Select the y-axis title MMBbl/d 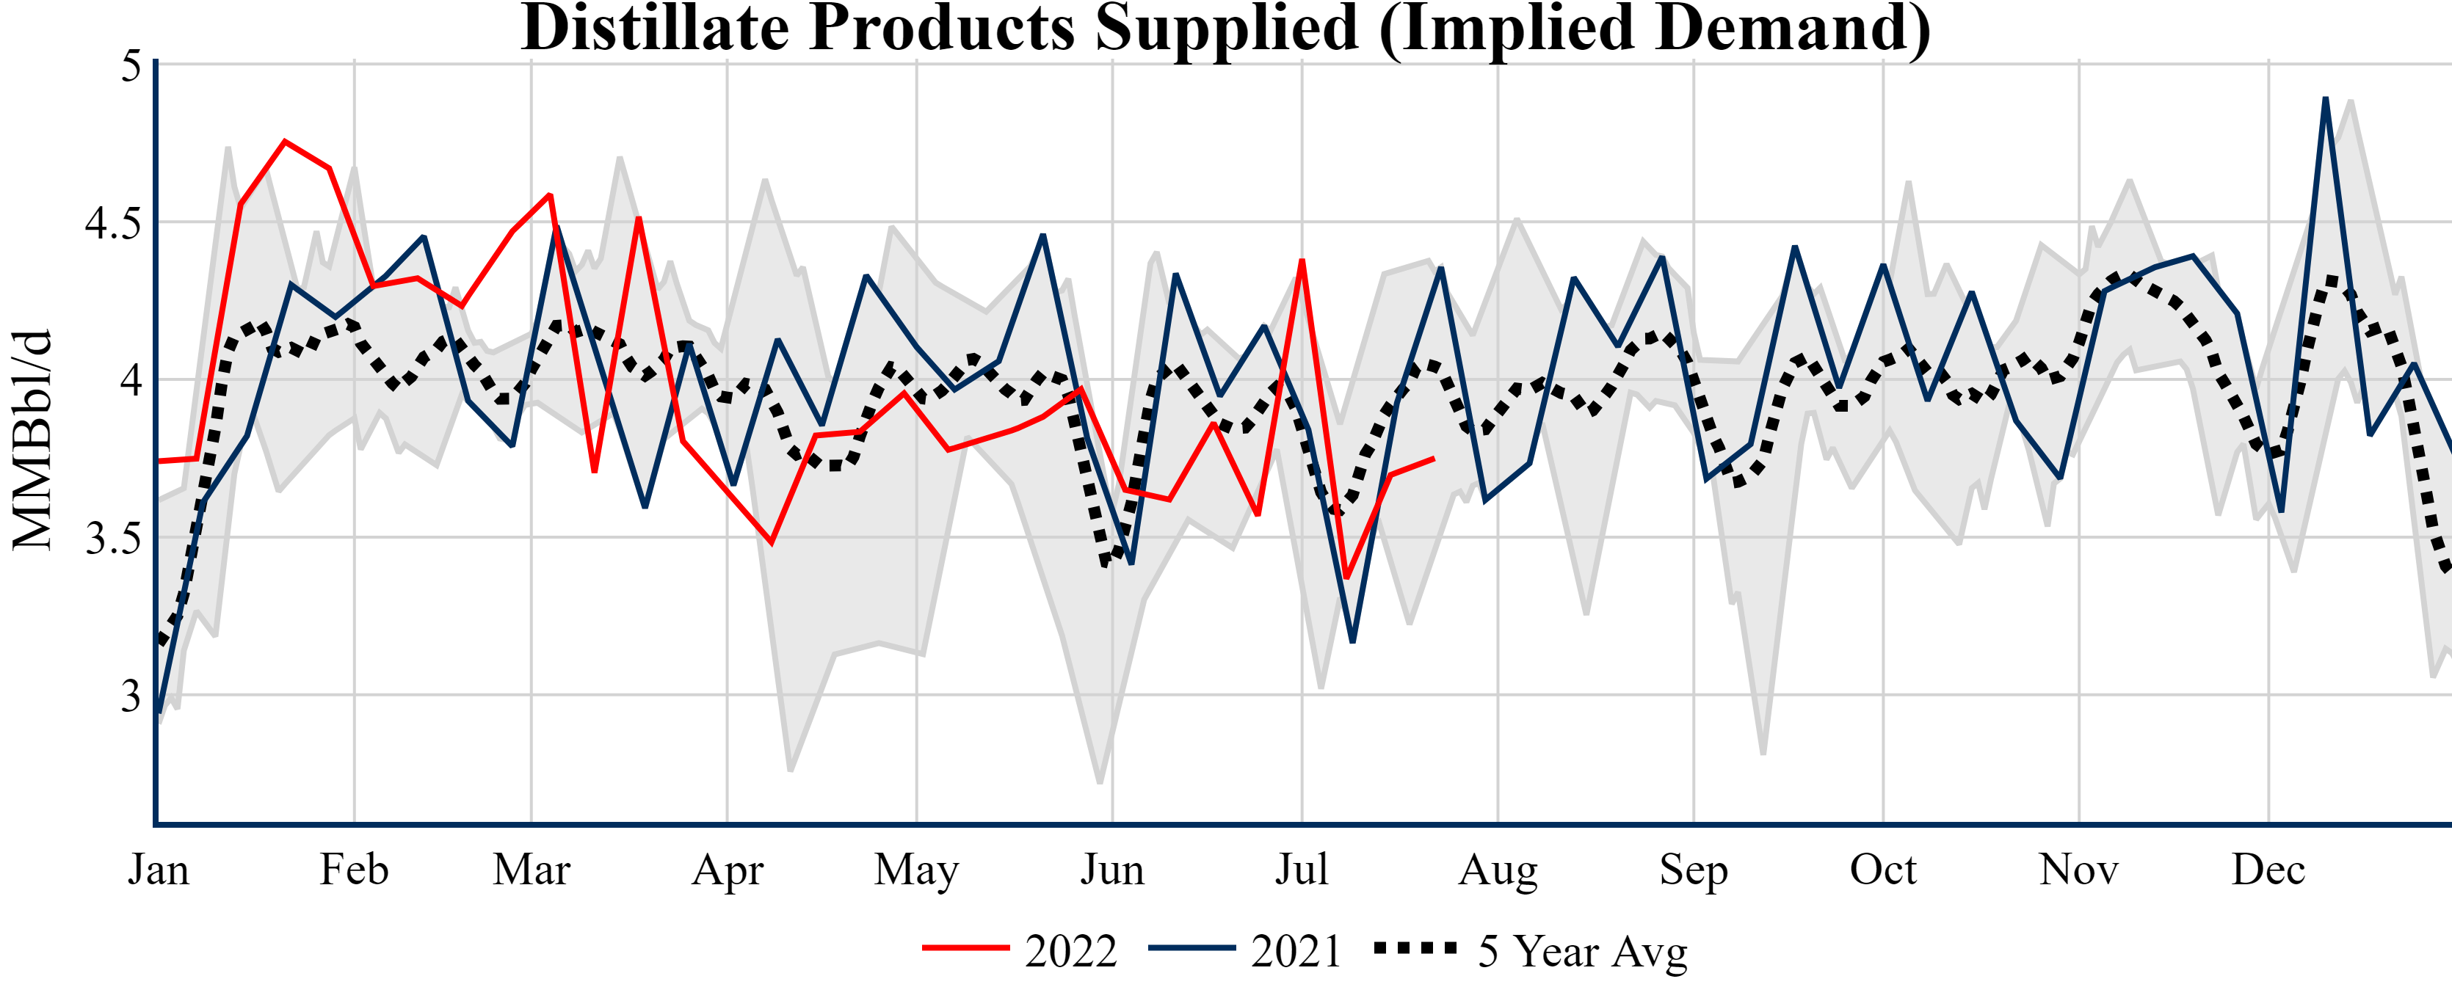pos(32,440)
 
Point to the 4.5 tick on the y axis pos(112,224)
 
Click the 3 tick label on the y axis pos(131,696)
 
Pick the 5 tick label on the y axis pos(131,67)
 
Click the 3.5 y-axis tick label pos(112,539)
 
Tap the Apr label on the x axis pos(728,870)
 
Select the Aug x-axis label pos(1498,870)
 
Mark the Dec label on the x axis pos(2268,870)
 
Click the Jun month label pos(1111,870)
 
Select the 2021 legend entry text pos(1296,950)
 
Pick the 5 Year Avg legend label pos(1582,950)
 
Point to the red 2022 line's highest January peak pos(285,142)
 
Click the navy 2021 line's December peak pos(2326,98)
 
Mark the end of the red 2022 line pos(1434,459)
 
